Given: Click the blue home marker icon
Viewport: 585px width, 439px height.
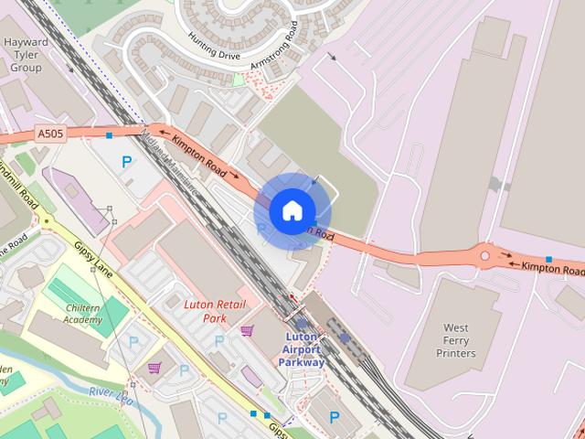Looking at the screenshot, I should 292,210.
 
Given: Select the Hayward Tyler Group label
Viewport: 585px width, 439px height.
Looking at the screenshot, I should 26,55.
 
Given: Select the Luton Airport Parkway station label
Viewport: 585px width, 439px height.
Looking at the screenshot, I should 301,349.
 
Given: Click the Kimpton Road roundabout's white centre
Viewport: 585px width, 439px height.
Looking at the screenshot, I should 485,256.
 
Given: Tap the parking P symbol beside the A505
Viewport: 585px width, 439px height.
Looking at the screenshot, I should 127,162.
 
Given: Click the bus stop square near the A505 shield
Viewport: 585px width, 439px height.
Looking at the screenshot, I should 109,135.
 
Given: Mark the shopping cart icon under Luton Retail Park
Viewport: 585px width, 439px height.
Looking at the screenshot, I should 246,330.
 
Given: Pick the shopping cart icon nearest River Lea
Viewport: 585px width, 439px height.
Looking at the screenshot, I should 154,368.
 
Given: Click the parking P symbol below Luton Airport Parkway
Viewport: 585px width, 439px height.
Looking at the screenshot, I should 334,417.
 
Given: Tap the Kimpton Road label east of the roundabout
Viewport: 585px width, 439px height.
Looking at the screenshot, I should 551,268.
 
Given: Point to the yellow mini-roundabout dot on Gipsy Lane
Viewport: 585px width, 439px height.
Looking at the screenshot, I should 46,221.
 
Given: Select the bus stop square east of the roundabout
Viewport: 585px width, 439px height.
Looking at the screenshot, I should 548,260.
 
